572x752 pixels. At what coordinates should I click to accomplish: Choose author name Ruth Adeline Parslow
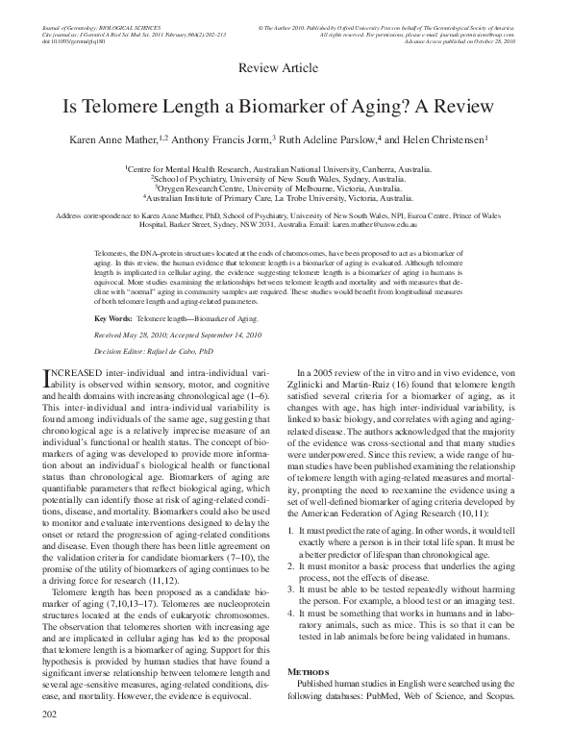(x=330, y=140)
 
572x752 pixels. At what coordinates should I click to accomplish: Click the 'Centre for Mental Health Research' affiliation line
(x=286, y=167)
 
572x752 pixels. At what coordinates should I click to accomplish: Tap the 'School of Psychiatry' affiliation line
(x=286, y=178)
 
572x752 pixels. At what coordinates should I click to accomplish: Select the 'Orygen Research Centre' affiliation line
(x=286, y=188)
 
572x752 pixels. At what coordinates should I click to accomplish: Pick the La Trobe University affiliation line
(x=286, y=198)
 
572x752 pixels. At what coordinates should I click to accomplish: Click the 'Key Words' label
(x=112, y=315)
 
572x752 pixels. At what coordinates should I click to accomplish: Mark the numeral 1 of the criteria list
(x=304, y=557)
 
